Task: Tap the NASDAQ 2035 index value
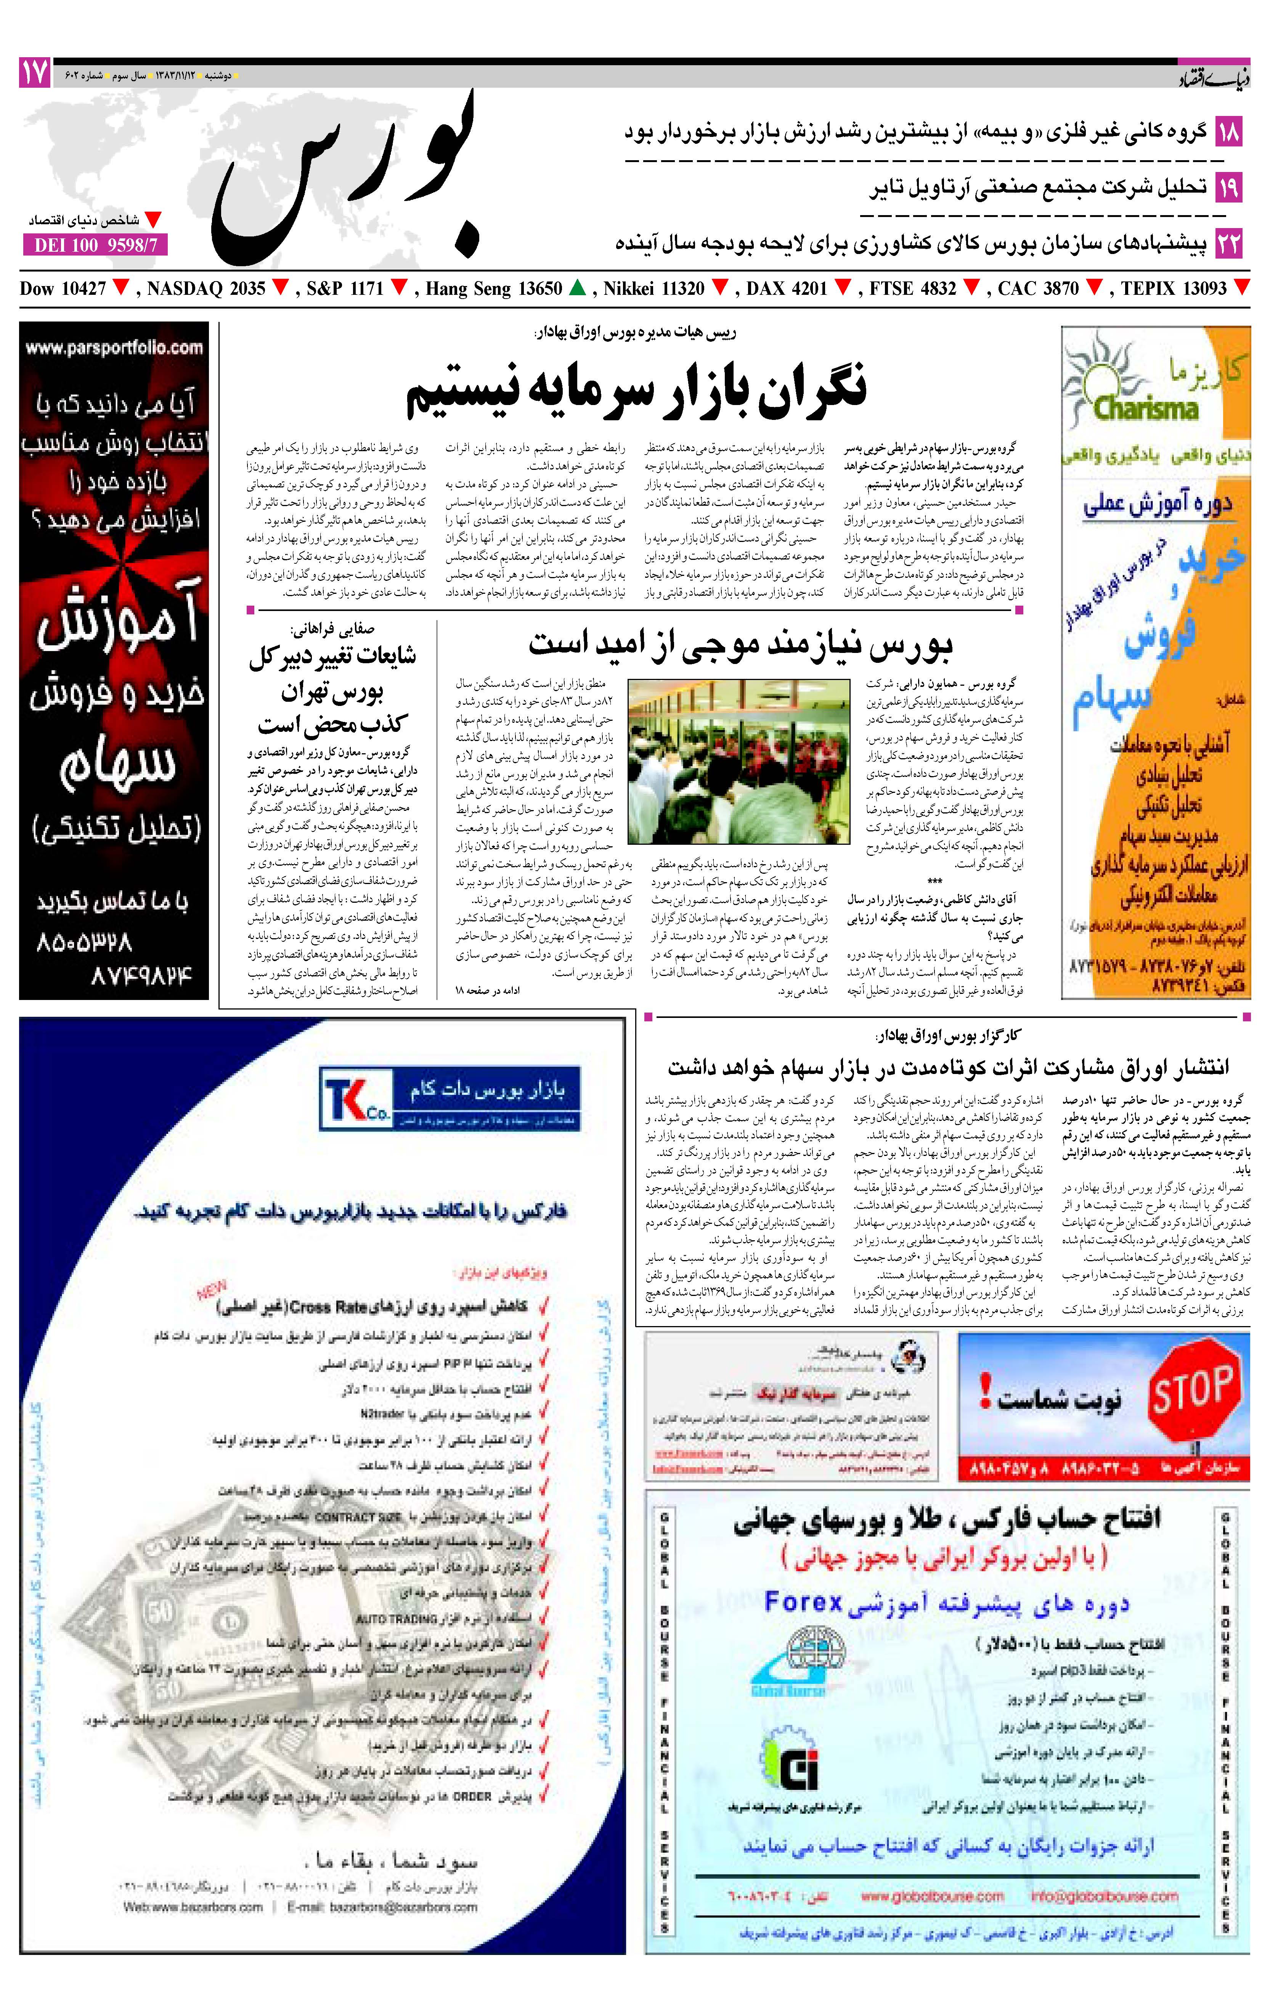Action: click(x=206, y=289)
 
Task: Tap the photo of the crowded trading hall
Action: click(x=739, y=760)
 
